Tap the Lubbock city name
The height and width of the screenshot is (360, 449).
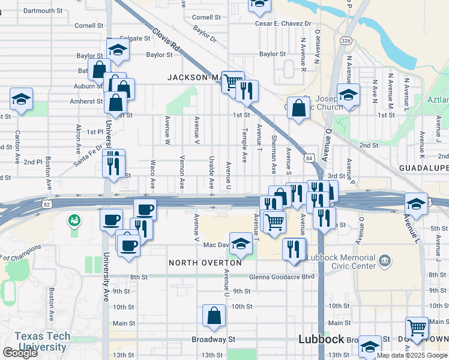click(x=321, y=339)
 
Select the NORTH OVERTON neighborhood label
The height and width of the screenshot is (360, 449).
click(x=205, y=263)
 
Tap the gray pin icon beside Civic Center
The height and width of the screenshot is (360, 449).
click(x=385, y=261)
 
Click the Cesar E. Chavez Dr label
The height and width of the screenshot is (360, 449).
click(x=283, y=23)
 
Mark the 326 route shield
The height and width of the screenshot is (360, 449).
click(x=345, y=40)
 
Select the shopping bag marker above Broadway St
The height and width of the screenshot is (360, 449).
click(x=214, y=316)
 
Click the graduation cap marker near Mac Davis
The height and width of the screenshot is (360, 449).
click(x=241, y=244)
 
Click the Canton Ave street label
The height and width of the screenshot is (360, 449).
click(x=18, y=141)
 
